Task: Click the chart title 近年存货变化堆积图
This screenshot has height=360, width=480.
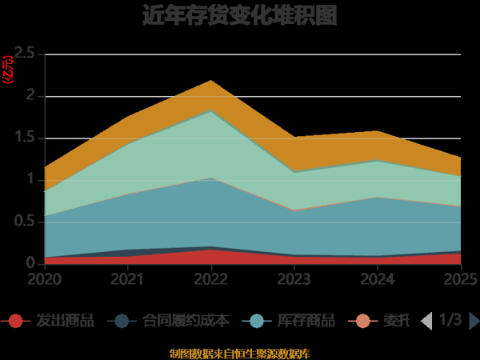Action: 239,16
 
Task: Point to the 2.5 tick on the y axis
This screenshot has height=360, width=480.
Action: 24,54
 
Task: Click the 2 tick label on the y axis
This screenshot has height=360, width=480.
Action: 30,96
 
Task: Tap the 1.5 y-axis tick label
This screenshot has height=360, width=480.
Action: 24,138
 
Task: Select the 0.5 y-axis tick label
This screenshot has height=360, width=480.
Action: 24,222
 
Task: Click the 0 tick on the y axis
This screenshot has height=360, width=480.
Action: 30,263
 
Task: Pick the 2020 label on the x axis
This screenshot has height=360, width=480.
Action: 45,279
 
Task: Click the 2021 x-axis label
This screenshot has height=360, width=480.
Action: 128,279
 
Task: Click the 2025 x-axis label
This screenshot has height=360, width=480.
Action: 460,279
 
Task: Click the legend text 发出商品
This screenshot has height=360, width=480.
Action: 65,322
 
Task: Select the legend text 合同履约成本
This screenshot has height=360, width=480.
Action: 186,322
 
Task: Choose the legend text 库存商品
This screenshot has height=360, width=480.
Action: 306,322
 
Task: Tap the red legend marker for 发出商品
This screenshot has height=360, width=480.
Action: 15,322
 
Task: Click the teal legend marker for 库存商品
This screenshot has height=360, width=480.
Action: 257,322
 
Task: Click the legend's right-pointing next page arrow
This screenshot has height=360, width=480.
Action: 474,321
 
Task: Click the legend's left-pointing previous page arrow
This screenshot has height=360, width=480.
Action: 426,321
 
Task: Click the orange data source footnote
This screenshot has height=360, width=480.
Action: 240,353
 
